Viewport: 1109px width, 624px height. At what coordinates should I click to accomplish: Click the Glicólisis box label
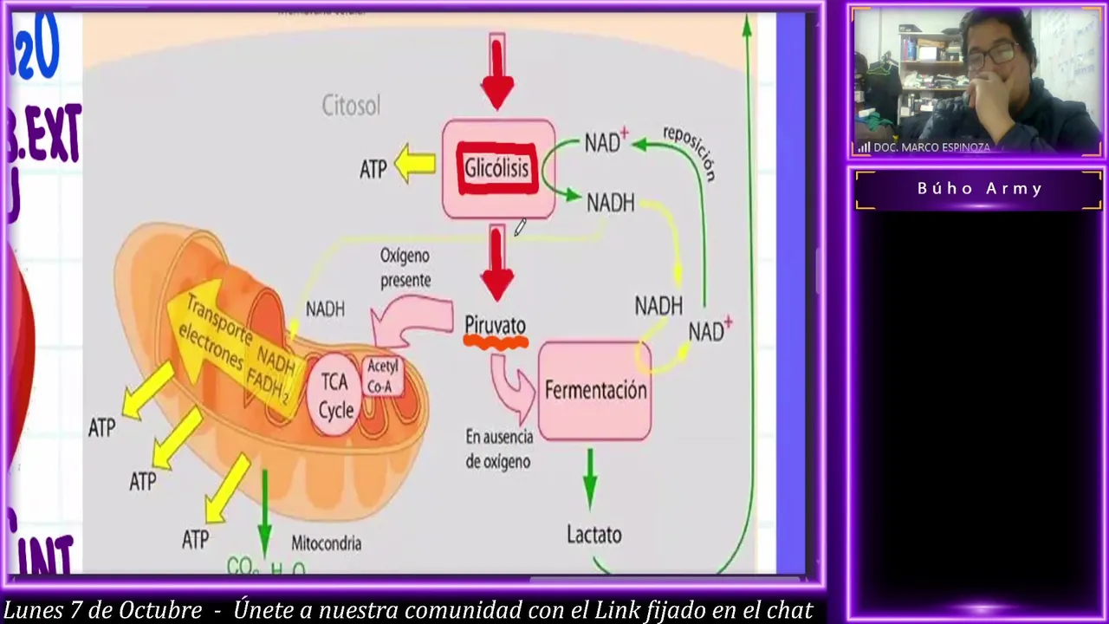(x=496, y=168)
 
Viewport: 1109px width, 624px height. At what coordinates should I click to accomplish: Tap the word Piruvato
(x=495, y=325)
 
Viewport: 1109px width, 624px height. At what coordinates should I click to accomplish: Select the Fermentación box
(x=595, y=391)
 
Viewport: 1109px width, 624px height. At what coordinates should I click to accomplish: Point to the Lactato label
(x=594, y=535)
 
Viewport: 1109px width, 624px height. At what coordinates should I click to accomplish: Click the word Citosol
(x=351, y=106)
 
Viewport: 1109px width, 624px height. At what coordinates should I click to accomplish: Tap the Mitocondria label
(x=326, y=543)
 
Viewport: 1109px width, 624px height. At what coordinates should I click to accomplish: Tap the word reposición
(x=690, y=153)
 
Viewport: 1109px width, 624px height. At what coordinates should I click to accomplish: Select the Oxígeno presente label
(x=405, y=268)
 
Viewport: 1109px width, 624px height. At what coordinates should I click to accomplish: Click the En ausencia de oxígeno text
(x=497, y=449)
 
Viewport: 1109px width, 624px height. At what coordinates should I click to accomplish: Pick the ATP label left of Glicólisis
(x=373, y=169)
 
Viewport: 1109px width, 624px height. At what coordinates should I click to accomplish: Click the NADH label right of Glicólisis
(x=611, y=203)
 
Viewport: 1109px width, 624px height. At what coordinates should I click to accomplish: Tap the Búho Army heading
(x=979, y=189)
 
